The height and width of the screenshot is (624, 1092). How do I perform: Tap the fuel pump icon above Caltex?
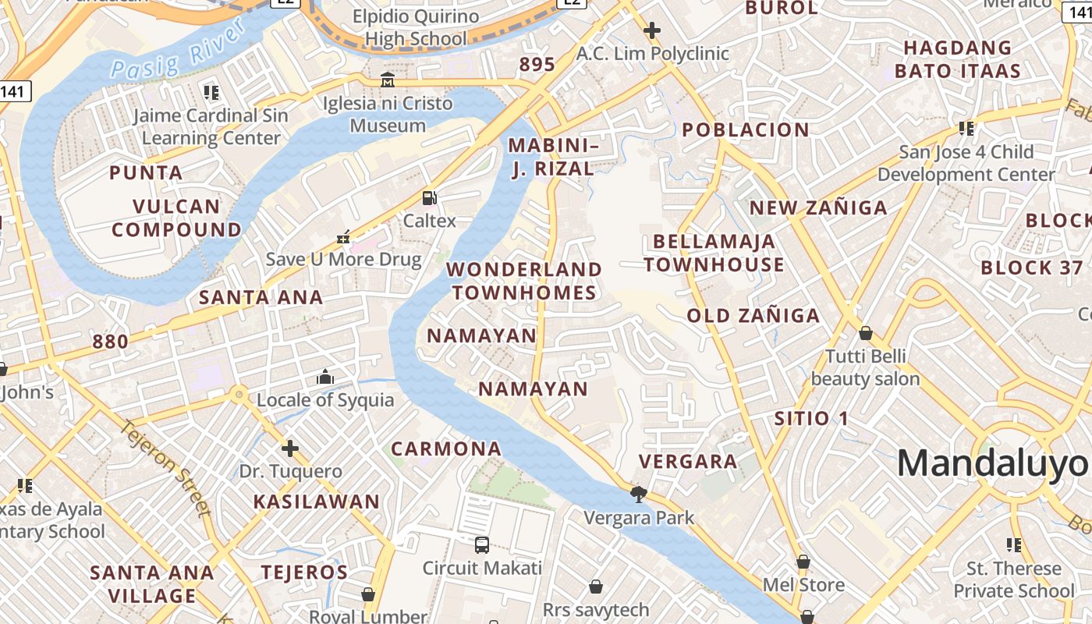coord(429,197)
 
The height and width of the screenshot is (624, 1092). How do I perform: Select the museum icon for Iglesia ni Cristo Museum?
coord(388,80)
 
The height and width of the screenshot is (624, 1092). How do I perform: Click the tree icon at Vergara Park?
coord(639,494)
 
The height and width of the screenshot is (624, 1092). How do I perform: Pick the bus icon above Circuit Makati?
coord(482,544)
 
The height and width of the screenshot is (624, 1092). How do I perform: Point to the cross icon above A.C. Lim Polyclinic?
coord(652,30)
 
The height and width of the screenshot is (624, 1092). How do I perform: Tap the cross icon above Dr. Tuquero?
coord(290,448)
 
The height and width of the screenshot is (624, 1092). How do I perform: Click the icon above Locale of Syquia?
coord(325,378)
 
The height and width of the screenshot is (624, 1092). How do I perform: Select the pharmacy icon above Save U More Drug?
coord(343,236)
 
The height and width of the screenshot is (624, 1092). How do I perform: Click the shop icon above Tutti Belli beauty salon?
coord(865,334)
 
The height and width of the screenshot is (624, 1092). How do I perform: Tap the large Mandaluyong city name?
coord(992,463)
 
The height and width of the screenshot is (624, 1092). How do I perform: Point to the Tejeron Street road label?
coord(166,468)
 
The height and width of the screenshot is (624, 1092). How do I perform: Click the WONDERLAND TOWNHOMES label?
coord(524,281)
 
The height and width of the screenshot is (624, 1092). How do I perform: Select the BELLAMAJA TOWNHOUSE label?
coord(714,253)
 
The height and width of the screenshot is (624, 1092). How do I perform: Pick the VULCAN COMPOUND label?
coord(177,218)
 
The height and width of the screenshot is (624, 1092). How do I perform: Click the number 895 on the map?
coord(537,65)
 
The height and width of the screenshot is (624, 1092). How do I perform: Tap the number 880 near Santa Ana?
coord(110,341)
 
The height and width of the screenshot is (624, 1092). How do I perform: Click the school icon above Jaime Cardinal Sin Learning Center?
coord(211,93)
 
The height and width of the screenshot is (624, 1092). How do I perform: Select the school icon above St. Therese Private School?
coord(1014,544)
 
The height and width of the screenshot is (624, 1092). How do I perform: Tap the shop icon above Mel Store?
coord(803,562)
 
